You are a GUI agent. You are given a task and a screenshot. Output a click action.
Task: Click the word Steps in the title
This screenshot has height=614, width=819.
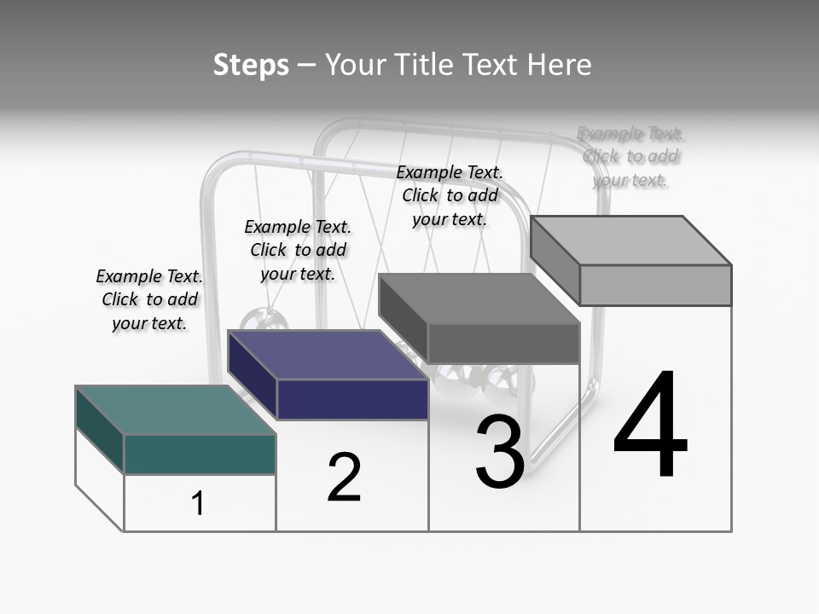tap(251, 65)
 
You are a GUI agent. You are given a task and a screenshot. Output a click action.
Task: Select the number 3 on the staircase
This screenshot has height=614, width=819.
tap(500, 452)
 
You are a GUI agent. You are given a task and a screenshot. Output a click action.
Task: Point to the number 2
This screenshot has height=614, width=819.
tap(344, 478)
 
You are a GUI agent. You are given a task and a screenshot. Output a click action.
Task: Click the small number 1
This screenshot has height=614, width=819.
tap(198, 503)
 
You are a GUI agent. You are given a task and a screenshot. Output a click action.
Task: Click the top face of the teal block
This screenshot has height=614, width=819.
tap(175, 410)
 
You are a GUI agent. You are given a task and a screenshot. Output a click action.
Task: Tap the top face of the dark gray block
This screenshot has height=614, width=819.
tap(479, 298)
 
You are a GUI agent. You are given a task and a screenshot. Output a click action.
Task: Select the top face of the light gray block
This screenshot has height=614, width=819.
tap(630, 240)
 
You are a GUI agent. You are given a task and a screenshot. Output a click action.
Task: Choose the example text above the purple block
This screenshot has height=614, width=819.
tap(298, 250)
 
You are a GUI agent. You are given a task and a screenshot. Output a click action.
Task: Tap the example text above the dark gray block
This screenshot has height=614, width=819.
tap(450, 196)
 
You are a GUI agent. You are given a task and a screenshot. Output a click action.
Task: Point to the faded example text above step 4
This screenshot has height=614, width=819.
tap(630, 157)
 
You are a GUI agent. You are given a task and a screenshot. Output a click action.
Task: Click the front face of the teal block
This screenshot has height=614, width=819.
tap(200, 455)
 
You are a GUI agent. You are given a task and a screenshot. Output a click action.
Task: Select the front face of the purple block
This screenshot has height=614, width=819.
tap(352, 399)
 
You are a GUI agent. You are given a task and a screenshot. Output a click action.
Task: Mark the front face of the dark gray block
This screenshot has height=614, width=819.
tap(503, 344)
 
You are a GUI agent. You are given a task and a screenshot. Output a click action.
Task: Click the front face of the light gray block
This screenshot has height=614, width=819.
tap(655, 285)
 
